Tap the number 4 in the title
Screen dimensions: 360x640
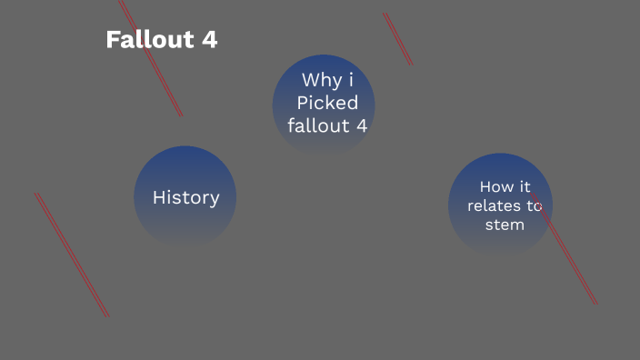pyautogui.click(x=209, y=40)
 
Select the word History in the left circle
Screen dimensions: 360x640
pyautogui.click(x=185, y=197)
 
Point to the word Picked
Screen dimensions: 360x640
pyautogui.click(x=327, y=103)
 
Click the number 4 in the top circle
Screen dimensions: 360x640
pyautogui.click(x=362, y=125)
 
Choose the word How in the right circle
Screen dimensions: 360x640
pyautogui.click(x=492, y=187)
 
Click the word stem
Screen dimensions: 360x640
pyautogui.click(x=505, y=224)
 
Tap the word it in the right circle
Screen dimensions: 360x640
pyautogui.click(x=525, y=187)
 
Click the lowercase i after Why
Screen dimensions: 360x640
pyautogui.click(x=351, y=80)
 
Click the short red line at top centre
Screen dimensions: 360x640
pyautogui.click(x=398, y=39)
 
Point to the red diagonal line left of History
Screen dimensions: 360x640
pyautogui.click(x=72, y=255)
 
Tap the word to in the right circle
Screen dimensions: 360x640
pyautogui.click(x=534, y=205)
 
